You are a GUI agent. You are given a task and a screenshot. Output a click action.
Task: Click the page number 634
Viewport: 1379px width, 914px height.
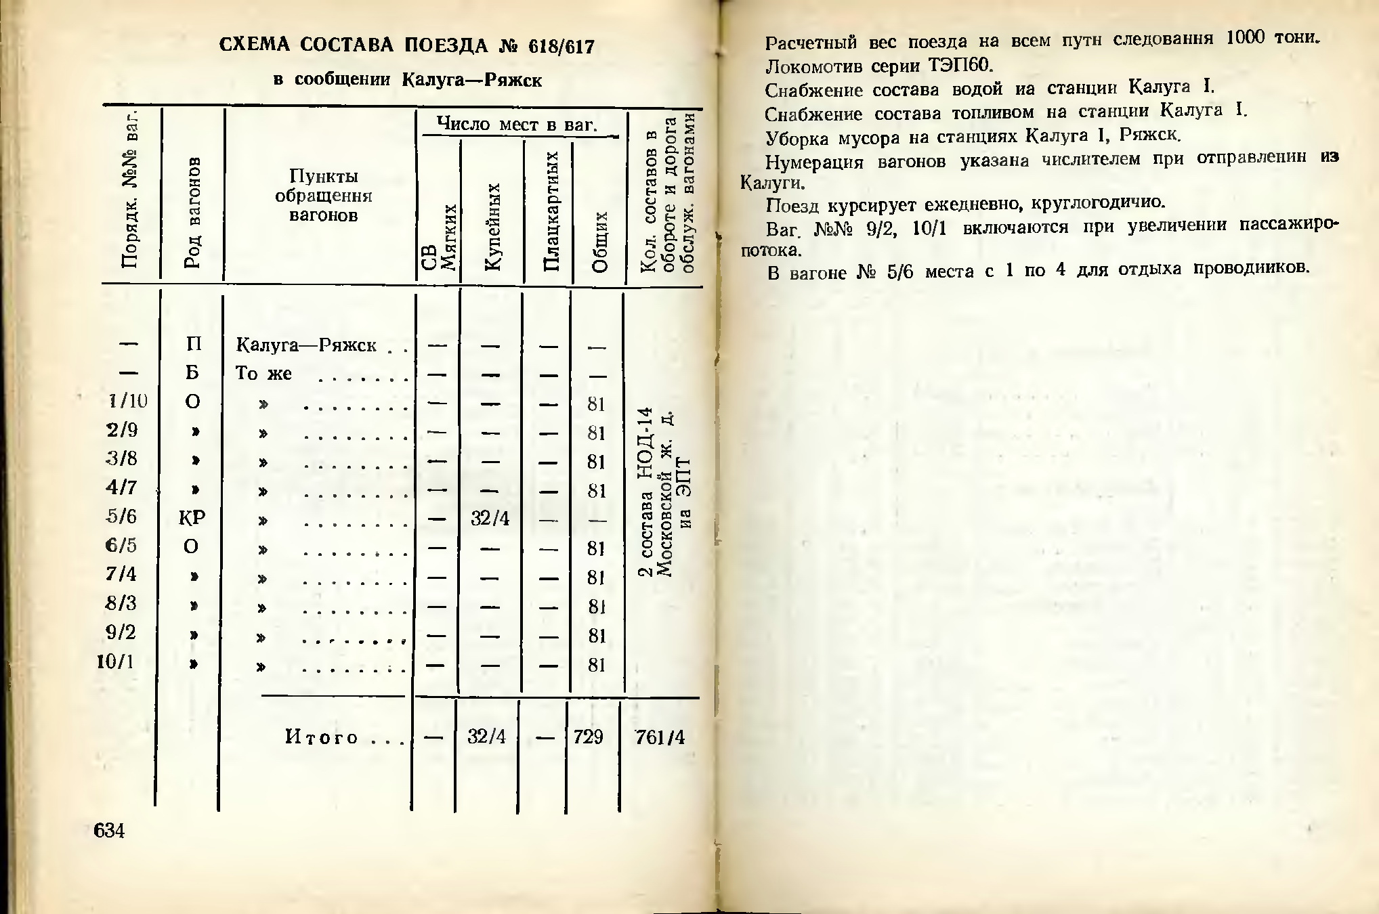click(109, 830)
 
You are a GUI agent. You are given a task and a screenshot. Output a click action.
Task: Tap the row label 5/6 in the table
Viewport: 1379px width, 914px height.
click(122, 517)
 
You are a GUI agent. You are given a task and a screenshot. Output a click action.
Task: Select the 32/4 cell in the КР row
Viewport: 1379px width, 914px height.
click(490, 519)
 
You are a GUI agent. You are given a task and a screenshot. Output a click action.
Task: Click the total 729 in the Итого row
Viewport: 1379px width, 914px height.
click(588, 737)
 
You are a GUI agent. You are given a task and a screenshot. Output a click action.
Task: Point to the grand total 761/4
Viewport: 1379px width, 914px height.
click(660, 737)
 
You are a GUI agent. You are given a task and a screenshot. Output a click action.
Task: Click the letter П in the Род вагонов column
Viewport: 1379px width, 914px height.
click(193, 344)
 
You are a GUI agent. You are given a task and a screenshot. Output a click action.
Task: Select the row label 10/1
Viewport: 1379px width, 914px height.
click(116, 661)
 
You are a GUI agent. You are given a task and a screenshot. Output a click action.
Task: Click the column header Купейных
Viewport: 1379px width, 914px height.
click(494, 226)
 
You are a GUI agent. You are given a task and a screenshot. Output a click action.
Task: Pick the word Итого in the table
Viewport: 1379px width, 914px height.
click(322, 737)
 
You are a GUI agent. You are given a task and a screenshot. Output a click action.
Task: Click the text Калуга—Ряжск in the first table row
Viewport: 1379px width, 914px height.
click(306, 345)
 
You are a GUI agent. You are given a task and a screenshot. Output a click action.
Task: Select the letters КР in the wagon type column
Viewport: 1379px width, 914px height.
click(192, 518)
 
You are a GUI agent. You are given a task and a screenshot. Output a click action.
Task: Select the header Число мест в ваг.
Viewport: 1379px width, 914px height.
click(517, 124)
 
